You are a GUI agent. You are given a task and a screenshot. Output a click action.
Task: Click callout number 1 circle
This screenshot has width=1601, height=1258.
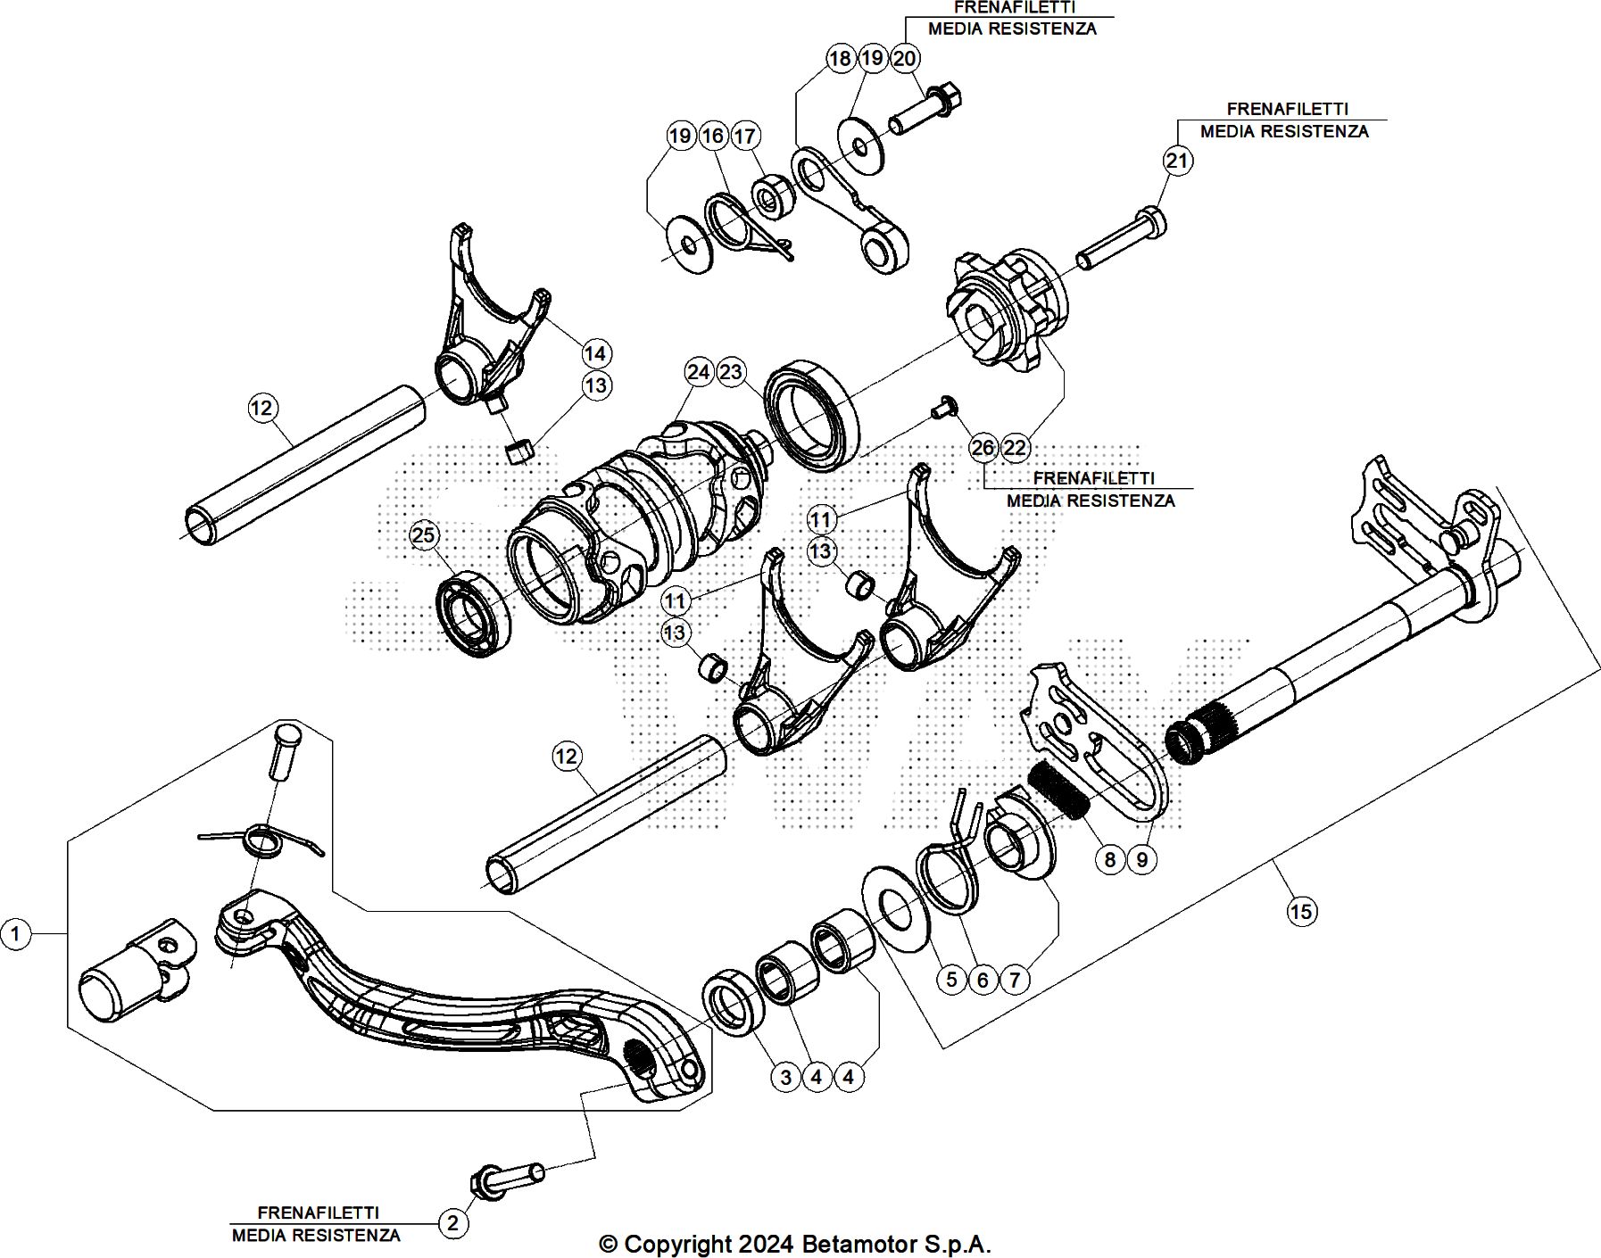click(15, 934)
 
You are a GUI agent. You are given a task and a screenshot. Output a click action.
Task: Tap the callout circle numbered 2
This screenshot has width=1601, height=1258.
click(452, 1222)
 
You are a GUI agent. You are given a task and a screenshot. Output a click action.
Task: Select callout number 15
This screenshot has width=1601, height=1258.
click(1301, 911)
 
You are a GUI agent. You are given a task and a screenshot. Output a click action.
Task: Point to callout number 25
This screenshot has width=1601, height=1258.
click(423, 534)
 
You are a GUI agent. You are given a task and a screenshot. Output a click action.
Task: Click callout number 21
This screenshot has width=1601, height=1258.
click(1178, 160)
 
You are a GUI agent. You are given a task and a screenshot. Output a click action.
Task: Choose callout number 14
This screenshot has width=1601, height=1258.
click(595, 353)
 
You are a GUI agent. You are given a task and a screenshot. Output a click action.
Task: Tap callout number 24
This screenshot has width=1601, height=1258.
click(699, 372)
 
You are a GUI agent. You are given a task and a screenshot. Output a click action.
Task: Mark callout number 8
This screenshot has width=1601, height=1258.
click(1109, 859)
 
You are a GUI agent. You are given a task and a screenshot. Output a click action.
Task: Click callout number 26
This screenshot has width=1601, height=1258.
click(983, 447)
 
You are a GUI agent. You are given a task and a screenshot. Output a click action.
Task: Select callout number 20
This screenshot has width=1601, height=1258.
click(904, 58)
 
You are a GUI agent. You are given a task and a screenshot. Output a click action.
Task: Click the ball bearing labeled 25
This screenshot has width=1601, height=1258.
click(475, 616)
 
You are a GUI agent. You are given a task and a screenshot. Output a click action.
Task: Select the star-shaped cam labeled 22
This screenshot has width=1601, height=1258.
click(1002, 309)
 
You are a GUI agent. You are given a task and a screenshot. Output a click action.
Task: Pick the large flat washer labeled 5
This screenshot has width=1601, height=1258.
click(895, 906)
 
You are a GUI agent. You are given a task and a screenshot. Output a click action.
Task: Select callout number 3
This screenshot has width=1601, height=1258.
click(785, 1077)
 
